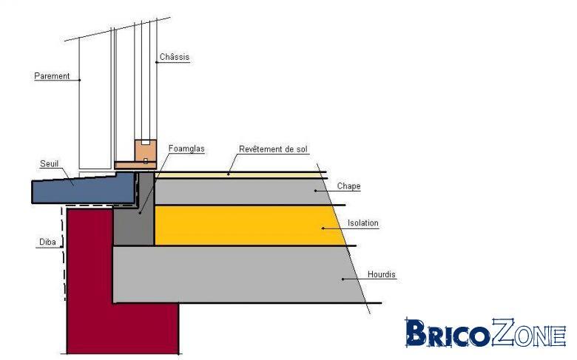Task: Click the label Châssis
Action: pos(175,57)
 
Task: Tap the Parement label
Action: pos(52,76)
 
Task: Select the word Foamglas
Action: pos(186,149)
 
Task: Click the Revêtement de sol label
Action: pos(273,149)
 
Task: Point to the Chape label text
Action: pos(349,186)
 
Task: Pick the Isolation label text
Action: pos(363,223)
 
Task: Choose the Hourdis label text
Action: pos(382,274)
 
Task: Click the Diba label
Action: pos(47,242)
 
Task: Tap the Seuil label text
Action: pos(49,163)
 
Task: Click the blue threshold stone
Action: pos(84,189)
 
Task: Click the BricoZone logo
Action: pos(485,333)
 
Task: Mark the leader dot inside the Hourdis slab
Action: pos(343,279)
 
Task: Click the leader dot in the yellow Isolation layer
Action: pos(323,228)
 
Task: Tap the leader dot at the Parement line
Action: pos(79,80)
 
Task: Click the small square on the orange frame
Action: pos(146,160)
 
